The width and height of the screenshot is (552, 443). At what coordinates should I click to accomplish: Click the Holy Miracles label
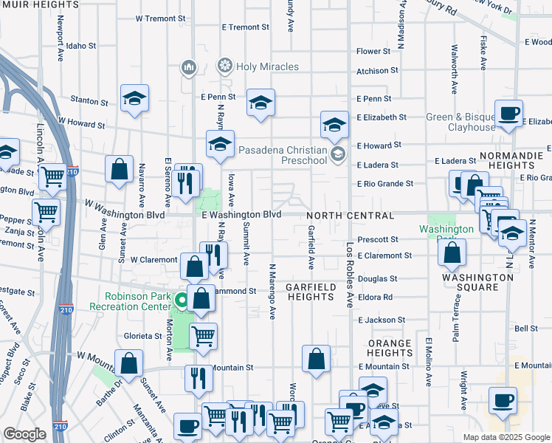267,66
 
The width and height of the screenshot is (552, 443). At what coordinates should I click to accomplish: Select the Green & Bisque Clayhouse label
461,122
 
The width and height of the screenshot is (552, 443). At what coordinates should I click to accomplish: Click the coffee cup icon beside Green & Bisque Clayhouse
508,114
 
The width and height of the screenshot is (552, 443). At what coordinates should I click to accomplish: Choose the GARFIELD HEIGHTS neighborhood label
311,291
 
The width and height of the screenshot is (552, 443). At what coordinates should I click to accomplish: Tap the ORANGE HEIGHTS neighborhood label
389,348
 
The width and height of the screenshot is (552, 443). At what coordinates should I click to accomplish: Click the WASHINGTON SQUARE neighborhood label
477,283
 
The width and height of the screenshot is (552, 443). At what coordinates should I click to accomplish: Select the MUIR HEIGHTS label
41,4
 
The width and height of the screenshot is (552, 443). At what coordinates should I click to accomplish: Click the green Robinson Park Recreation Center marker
181,301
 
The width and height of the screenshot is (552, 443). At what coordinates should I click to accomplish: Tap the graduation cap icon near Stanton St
135,97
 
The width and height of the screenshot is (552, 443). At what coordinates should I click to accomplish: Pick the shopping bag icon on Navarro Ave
119,169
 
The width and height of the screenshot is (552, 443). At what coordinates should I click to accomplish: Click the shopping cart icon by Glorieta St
203,336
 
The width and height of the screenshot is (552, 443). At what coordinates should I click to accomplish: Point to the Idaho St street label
81,46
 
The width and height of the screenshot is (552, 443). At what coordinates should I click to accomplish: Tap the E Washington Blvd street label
242,214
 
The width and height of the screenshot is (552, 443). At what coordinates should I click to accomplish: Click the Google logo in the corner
24,434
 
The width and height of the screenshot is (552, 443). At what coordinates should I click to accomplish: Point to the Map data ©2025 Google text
506,437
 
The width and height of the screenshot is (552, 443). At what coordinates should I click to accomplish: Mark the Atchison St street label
377,71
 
